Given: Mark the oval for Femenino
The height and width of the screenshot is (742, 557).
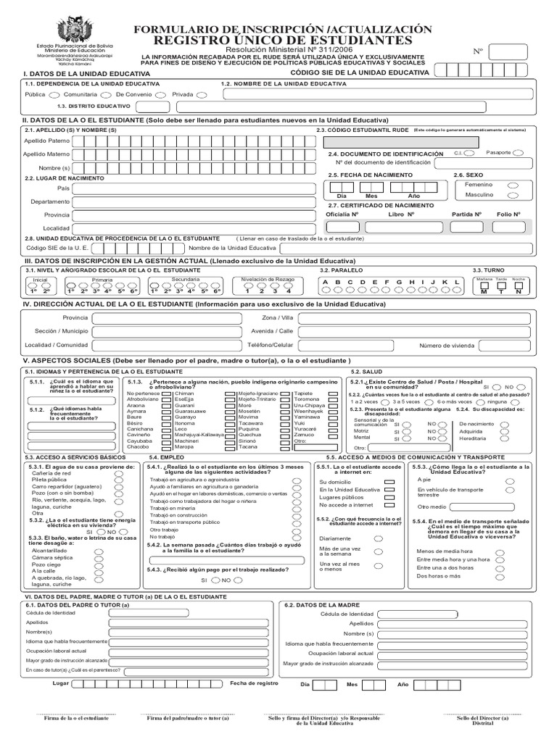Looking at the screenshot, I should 513,185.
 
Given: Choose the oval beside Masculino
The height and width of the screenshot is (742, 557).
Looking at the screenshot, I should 513,195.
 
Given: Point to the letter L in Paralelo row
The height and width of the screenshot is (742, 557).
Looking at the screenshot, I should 456,282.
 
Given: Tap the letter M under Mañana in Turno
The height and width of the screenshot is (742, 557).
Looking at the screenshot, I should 484,291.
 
